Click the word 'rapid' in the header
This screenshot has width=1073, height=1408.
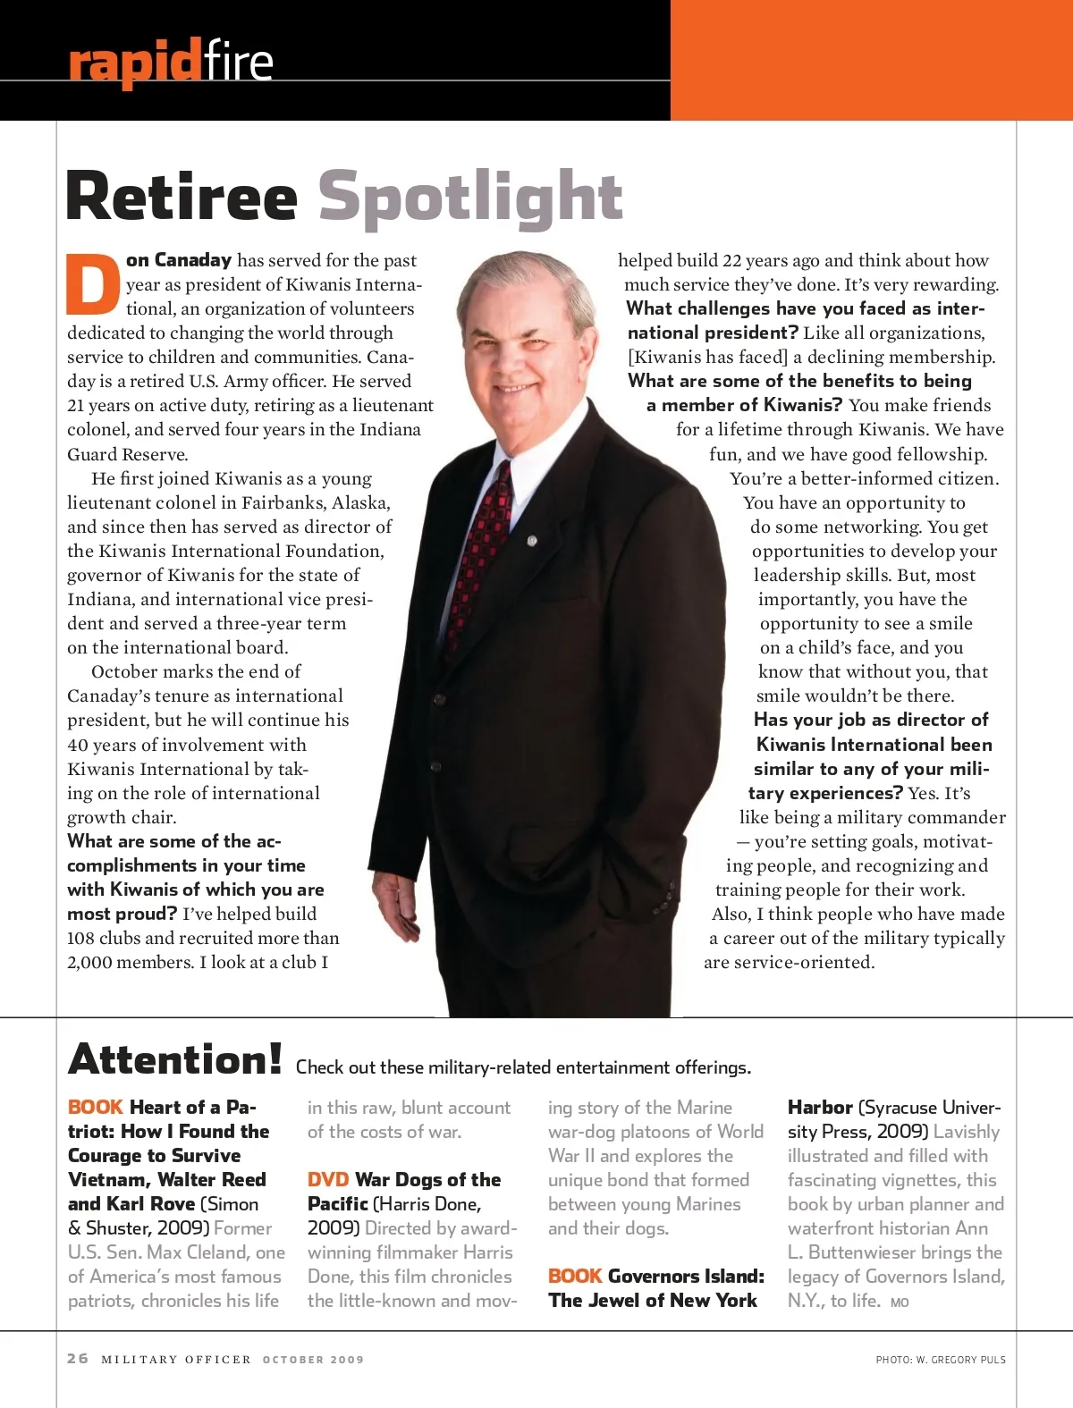tap(134, 63)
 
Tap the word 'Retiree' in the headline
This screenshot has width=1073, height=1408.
tap(182, 197)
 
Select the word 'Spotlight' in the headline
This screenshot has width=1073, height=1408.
tap(470, 197)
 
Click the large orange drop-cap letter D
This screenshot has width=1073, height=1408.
tap(93, 285)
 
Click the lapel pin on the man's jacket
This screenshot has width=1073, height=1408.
tap(533, 541)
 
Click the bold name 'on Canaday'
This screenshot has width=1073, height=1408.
tap(179, 260)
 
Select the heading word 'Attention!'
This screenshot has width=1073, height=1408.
tap(175, 1059)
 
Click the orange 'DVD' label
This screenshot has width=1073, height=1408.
tap(327, 1180)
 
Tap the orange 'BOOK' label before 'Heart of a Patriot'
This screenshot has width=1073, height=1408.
tap(95, 1108)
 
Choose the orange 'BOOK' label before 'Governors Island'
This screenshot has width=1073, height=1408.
tap(574, 1277)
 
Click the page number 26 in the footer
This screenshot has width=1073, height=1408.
tap(78, 1359)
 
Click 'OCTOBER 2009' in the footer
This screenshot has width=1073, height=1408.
tap(313, 1360)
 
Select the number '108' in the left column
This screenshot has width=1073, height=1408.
tap(82, 939)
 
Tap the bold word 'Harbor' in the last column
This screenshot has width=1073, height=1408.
tap(819, 1108)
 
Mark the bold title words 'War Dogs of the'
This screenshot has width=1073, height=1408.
tap(427, 1180)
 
